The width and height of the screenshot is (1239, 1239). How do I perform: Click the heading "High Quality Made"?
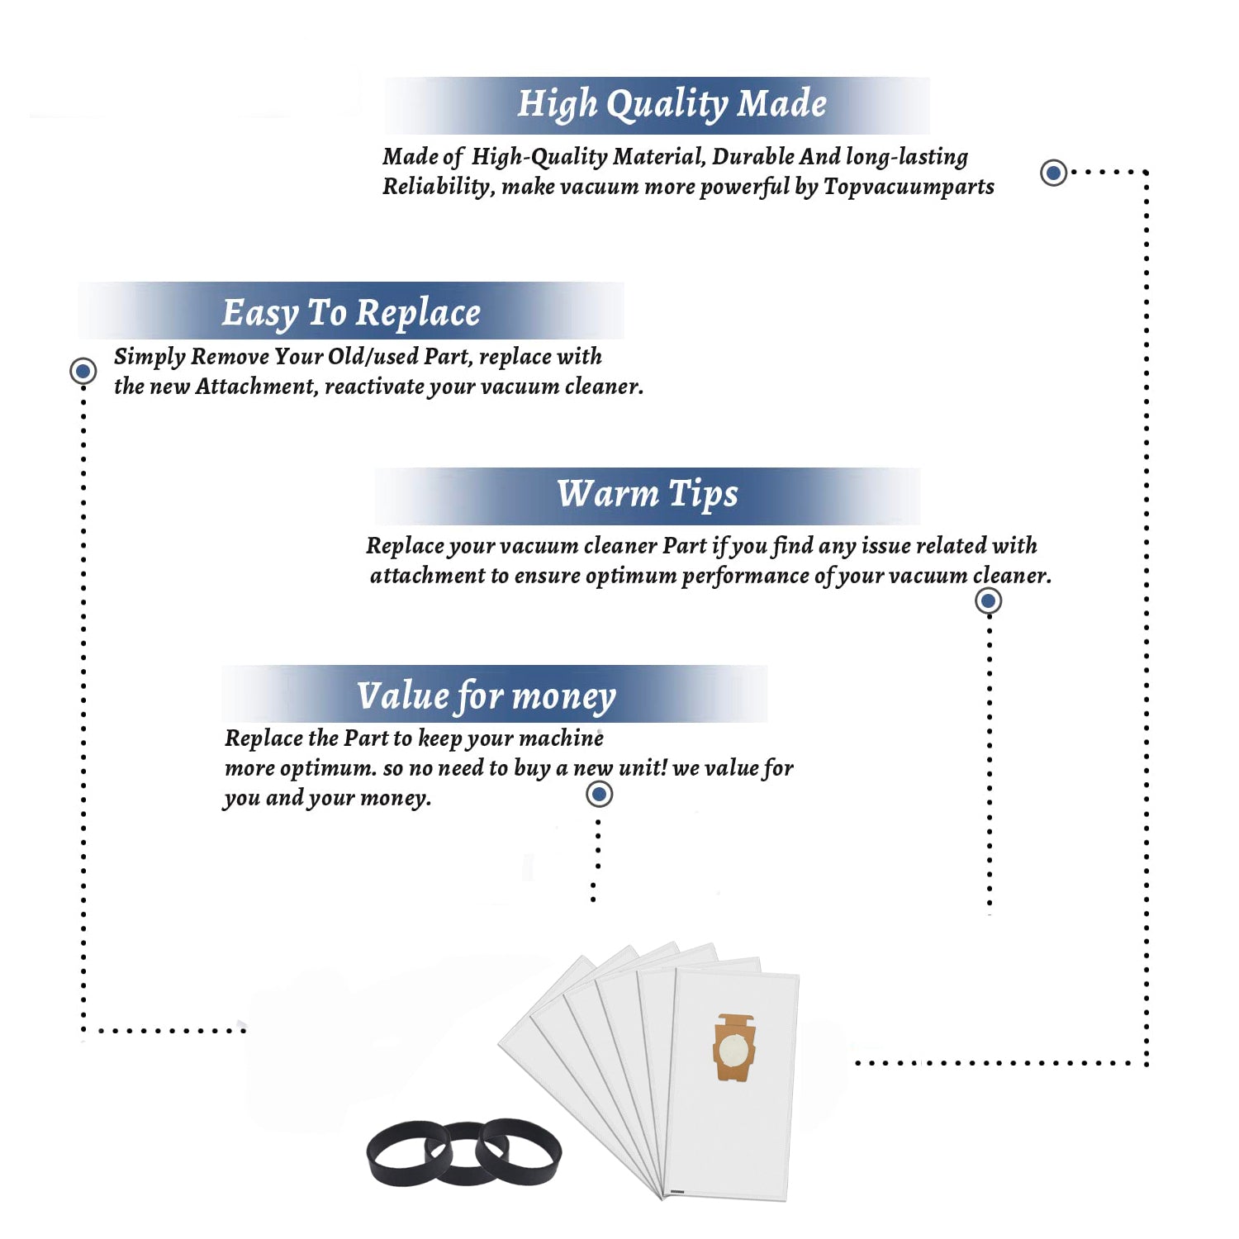[672, 105]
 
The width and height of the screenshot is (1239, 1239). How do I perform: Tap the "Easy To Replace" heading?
[351, 313]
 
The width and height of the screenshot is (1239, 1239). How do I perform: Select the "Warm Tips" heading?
[648, 494]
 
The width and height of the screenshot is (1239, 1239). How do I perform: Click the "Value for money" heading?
[487, 696]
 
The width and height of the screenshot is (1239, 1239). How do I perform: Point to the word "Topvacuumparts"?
[909, 187]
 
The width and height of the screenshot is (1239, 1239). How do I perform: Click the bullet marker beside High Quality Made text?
[1053, 173]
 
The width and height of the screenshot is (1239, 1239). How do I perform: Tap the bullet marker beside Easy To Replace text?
[83, 371]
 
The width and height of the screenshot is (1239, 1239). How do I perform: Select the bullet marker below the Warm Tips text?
[988, 601]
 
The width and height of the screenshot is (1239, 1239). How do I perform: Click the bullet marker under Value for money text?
[599, 795]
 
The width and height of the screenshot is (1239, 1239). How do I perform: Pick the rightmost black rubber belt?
[520, 1149]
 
